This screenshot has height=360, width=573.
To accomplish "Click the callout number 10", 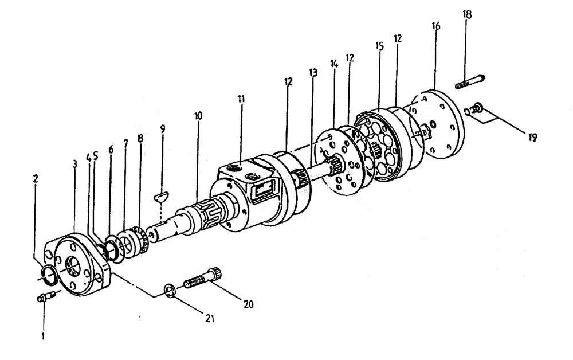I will click(x=198, y=116).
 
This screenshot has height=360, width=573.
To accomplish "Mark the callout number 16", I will click(x=436, y=27).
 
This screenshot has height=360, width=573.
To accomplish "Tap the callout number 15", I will click(x=379, y=44).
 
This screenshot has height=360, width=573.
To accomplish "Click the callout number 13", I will click(x=312, y=73).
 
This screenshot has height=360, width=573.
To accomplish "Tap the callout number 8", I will click(x=140, y=138).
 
